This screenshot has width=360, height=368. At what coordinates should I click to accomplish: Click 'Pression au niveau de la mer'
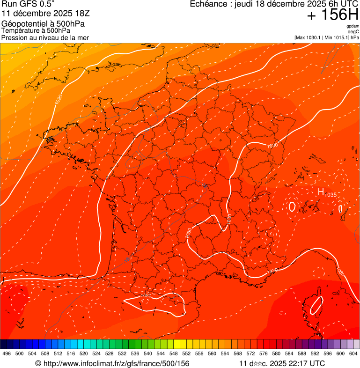point(45,37)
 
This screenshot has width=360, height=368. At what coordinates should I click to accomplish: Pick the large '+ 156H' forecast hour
point(332,15)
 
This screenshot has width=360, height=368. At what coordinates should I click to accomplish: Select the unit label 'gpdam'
point(353,26)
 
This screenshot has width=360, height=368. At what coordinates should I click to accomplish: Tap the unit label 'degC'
point(353,31)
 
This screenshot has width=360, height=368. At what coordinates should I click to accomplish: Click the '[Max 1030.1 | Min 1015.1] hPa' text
point(327,37)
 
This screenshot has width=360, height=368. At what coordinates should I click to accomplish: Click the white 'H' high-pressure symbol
point(321,191)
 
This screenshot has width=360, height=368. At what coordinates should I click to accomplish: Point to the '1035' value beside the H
point(331,195)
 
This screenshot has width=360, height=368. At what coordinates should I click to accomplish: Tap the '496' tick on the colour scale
point(7,354)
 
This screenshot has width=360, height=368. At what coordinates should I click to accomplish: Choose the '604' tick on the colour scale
point(353,354)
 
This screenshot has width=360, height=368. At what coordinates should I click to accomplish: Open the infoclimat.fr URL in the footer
point(112,363)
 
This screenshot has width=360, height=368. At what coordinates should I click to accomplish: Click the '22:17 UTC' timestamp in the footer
point(305,363)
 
